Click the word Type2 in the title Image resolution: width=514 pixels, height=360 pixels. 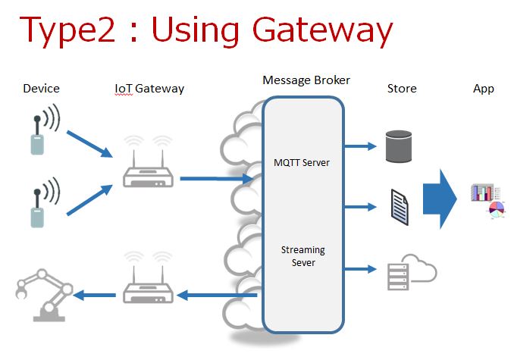pyautogui.click(x=67, y=30)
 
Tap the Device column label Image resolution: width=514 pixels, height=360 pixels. pyautogui.click(x=41, y=89)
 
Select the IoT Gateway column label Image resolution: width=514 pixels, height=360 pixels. pyautogui.click(x=149, y=89)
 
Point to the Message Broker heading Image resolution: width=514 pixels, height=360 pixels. pyautogui.click(x=306, y=80)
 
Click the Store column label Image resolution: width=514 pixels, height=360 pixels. pyautogui.click(x=402, y=89)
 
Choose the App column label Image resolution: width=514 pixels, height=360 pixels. pyautogui.click(x=484, y=89)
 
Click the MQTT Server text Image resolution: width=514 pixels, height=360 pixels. pyautogui.click(x=302, y=163)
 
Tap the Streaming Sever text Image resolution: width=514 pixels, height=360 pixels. pyautogui.click(x=302, y=255)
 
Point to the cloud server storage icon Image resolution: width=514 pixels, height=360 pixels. pyautogui.click(x=409, y=271)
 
